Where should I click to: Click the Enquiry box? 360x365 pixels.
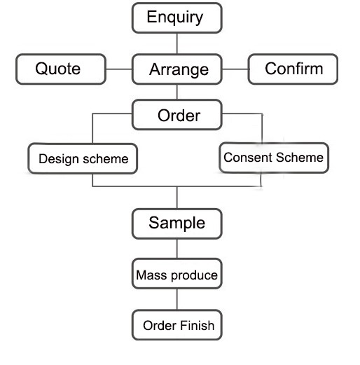click(x=176, y=18)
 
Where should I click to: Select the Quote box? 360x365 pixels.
click(x=61, y=69)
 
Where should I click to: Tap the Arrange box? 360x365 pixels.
click(x=176, y=69)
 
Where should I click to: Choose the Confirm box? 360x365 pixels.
click(x=293, y=69)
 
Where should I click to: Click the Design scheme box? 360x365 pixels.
click(x=83, y=158)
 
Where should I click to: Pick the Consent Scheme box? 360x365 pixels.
click(x=274, y=158)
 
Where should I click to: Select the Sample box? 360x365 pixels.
click(x=176, y=223)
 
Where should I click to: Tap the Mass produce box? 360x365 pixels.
click(x=176, y=273)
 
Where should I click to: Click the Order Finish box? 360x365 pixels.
click(x=176, y=325)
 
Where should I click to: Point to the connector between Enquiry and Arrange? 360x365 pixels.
click(x=177, y=43)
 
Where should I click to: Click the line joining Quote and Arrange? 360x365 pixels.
click(x=119, y=69)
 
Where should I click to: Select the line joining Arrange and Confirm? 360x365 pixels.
click(x=235, y=69)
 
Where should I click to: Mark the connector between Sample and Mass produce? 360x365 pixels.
click(x=177, y=249)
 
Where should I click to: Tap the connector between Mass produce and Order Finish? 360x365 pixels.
click(x=177, y=299)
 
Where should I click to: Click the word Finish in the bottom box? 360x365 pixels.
click(x=197, y=325)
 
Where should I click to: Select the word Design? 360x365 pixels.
click(x=59, y=160)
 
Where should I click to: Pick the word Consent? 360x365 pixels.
click(x=248, y=157)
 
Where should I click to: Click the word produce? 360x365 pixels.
click(x=194, y=275)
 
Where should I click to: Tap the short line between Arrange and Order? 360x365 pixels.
click(x=177, y=92)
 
